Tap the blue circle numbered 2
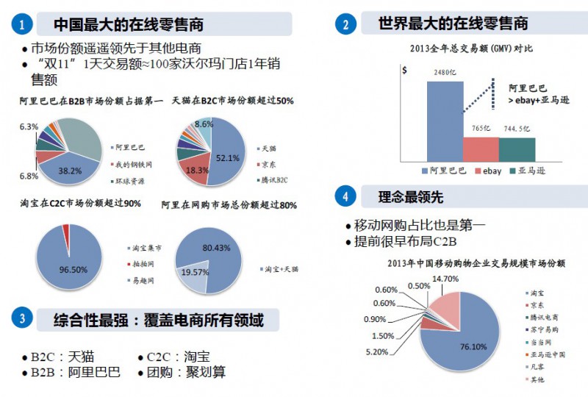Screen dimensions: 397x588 point(345,24)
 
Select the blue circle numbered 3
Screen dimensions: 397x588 point(21,319)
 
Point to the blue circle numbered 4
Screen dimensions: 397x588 point(345,196)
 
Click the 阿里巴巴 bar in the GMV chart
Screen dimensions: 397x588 point(445,121)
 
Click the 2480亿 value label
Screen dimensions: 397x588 point(445,74)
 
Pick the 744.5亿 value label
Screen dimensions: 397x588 point(517,129)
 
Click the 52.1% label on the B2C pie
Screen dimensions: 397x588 point(228,158)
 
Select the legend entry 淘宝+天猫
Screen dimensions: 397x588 point(282,269)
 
